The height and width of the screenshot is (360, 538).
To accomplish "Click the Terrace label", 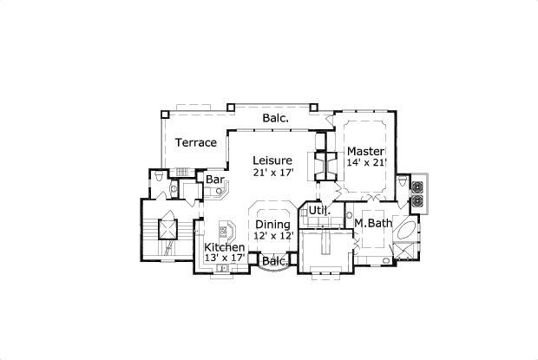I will click(x=195, y=142).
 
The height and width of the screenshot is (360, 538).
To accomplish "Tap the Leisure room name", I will click(x=272, y=160).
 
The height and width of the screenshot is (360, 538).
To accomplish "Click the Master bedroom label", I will click(x=366, y=151).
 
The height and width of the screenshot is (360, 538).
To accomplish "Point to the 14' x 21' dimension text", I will click(x=366, y=163).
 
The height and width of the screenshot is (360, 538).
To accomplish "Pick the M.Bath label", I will click(x=373, y=224).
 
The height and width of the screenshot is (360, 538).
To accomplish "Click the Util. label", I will click(x=319, y=211).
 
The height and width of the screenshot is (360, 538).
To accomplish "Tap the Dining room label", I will click(x=272, y=224).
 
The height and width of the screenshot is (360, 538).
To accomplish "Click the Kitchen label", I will click(x=224, y=247).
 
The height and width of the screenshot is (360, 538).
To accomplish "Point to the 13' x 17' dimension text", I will click(x=224, y=258).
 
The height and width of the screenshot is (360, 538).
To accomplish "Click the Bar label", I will click(x=215, y=180).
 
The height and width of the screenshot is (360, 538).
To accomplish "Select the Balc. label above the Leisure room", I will click(x=275, y=118).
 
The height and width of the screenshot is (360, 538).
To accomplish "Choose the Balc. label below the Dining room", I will click(x=274, y=261).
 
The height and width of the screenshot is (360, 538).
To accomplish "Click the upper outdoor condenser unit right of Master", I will click(x=417, y=186).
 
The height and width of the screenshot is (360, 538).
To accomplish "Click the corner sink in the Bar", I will click(x=207, y=192).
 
